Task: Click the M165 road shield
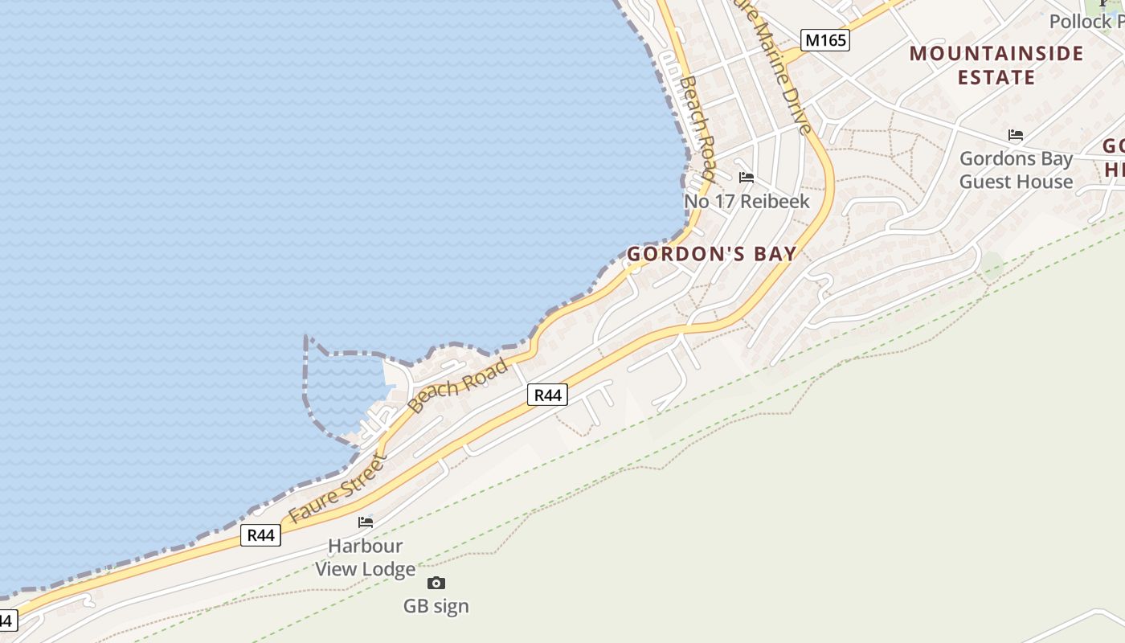coord(825,39)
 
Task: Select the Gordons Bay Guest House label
coord(1016,170)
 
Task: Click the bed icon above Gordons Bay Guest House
coord(1016,135)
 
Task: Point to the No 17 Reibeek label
coord(747,201)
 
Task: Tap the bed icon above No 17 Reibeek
coord(747,178)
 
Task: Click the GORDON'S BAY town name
coord(712,254)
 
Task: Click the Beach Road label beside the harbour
coord(458,385)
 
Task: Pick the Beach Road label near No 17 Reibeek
coord(697,129)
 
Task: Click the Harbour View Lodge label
coord(365,558)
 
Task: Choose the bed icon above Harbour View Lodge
coord(366,522)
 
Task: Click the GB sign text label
coord(436,606)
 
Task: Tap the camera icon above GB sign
coord(436,583)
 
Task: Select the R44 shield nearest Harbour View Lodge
coord(261,535)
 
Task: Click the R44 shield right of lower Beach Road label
coord(547,395)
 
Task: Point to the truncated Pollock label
coord(1086,22)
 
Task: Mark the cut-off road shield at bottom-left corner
coord(6,620)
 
